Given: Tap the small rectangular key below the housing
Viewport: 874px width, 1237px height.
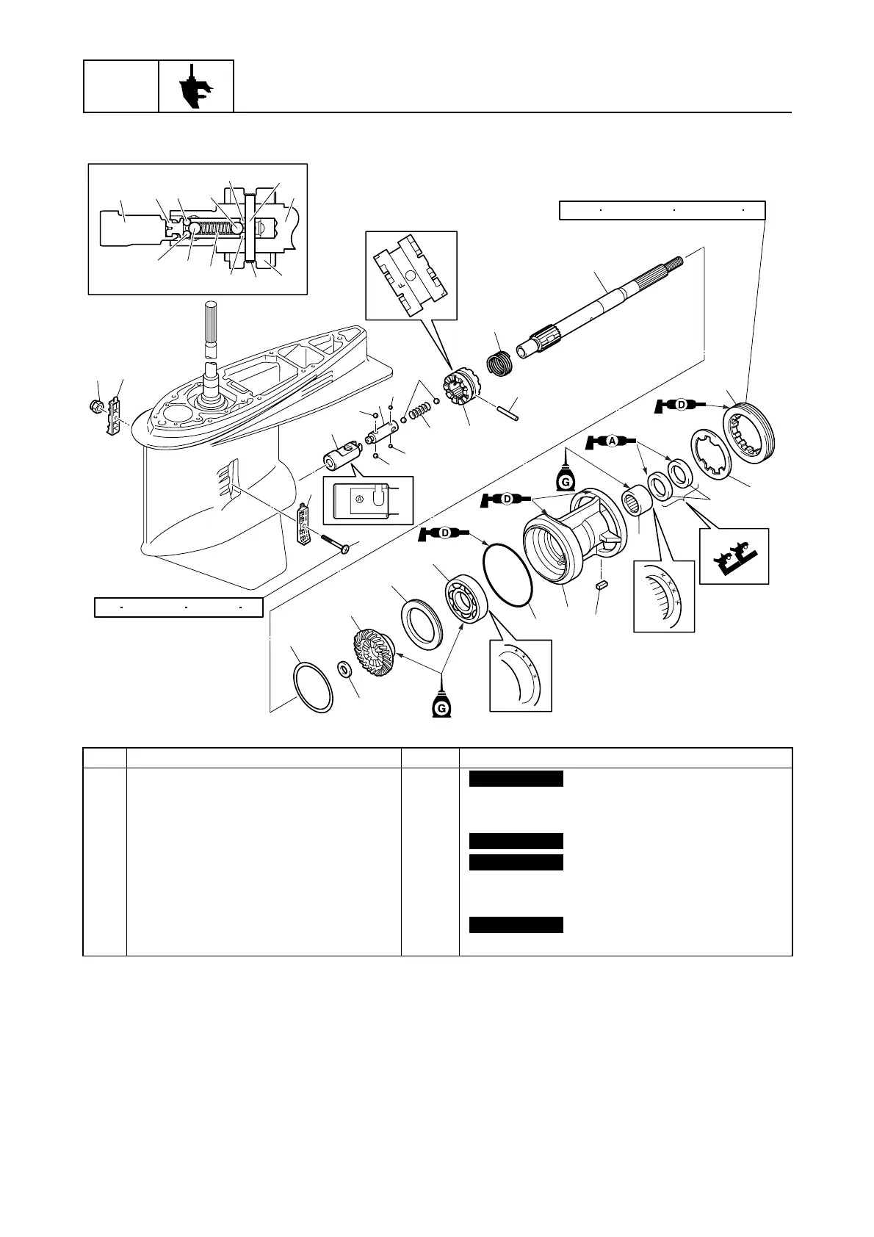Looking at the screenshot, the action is pos(601,585).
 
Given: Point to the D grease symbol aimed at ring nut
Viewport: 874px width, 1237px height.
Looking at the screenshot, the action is pos(680,404).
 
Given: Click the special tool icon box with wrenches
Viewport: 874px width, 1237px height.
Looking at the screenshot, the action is pos(734,556).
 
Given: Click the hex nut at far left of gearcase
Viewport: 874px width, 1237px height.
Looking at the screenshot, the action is pos(95,405).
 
